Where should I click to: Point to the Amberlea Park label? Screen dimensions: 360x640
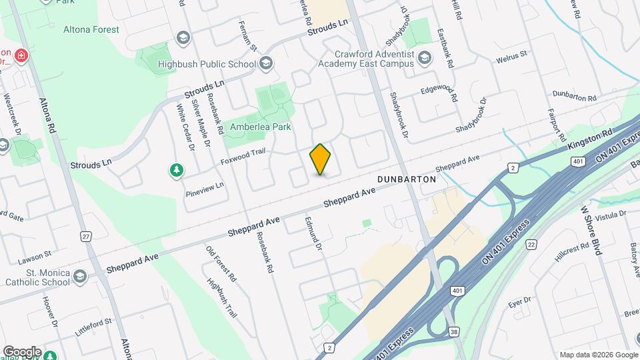[261, 127]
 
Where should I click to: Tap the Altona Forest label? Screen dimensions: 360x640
[91, 30]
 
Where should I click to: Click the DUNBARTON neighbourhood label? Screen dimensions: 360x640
[406, 180]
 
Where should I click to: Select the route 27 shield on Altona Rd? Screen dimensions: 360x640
[85, 237]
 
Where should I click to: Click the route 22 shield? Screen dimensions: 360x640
[531, 245]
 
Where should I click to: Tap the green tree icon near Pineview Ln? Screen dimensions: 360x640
[177, 171]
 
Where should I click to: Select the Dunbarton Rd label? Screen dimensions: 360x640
[574, 98]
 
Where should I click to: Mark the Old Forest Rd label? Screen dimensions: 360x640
[221, 264]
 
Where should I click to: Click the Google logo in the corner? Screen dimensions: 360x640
[21, 352]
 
